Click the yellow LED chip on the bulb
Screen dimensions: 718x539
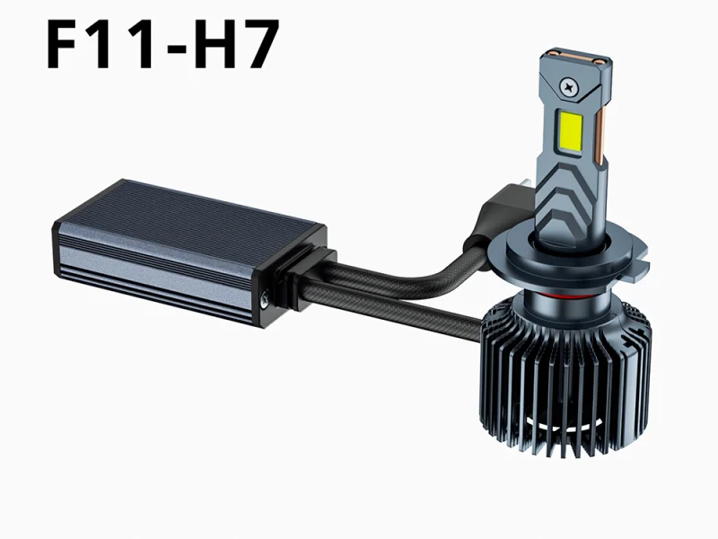570,132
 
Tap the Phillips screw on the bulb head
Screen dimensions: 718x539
569,86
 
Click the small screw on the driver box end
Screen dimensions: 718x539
265,299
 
